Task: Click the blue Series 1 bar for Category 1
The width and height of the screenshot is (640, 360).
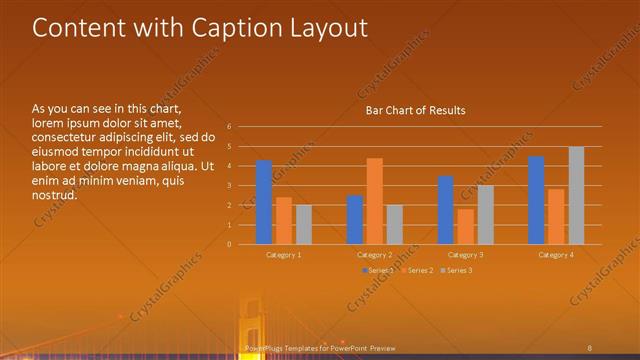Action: click(264, 202)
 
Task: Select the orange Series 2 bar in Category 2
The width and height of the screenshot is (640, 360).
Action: click(374, 201)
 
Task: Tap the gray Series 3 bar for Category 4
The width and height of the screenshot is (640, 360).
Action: click(576, 195)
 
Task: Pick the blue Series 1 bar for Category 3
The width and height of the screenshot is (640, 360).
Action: click(446, 210)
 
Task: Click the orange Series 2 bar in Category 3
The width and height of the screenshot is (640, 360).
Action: click(465, 226)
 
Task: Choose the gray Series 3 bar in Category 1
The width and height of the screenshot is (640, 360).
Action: click(304, 225)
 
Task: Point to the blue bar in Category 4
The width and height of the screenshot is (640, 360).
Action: click(536, 200)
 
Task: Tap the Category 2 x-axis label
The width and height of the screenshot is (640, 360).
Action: click(375, 255)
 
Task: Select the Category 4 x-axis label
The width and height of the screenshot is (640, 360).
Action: click(556, 255)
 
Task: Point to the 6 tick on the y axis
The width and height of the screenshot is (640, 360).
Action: click(229, 127)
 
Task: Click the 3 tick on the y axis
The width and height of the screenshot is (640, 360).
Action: click(229, 185)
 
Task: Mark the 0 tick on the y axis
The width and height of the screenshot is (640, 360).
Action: click(229, 244)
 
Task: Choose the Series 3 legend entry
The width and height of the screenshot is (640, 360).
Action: click(459, 271)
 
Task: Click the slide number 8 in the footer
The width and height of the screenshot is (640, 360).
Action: click(591, 347)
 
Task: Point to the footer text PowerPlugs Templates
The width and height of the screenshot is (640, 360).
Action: click(290, 347)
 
